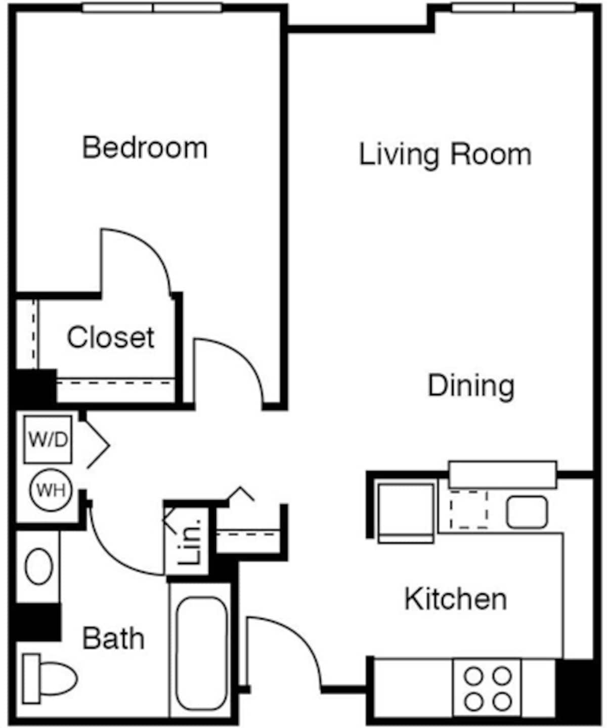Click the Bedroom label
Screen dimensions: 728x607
click(145, 148)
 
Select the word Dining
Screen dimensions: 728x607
click(471, 386)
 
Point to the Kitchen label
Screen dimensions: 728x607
click(455, 599)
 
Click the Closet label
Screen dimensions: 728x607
click(110, 337)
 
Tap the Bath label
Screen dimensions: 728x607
click(113, 638)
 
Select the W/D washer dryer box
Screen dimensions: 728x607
click(48, 440)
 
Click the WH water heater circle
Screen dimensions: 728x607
click(51, 490)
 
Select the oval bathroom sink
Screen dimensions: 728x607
click(39, 567)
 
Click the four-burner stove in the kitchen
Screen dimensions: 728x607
click(488, 688)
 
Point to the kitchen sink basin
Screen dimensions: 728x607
click(527, 512)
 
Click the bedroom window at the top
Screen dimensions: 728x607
click(152, 8)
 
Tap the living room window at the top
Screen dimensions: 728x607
click(513, 8)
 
